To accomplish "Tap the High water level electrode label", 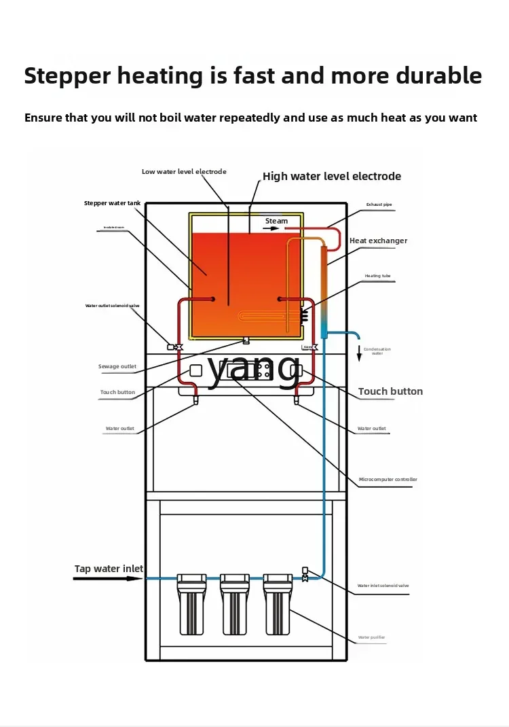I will click(x=332, y=177).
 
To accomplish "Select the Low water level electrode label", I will click(x=184, y=172).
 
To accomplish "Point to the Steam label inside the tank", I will click(x=276, y=221).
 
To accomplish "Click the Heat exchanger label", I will click(x=378, y=241).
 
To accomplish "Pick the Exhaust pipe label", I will click(x=379, y=205).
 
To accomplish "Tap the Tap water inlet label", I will click(x=109, y=569).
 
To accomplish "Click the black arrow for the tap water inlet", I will click(x=109, y=579).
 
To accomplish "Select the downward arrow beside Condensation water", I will click(x=359, y=354).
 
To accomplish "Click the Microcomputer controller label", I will click(x=388, y=480).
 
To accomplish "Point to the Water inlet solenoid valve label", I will click(x=383, y=586).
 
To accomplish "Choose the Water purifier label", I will click(x=372, y=637).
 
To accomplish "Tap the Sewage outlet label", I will click(x=117, y=367).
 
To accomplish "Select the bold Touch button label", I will click(x=390, y=392).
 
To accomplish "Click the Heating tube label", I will click(x=377, y=276).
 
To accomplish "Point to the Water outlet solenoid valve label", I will click(x=112, y=306).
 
